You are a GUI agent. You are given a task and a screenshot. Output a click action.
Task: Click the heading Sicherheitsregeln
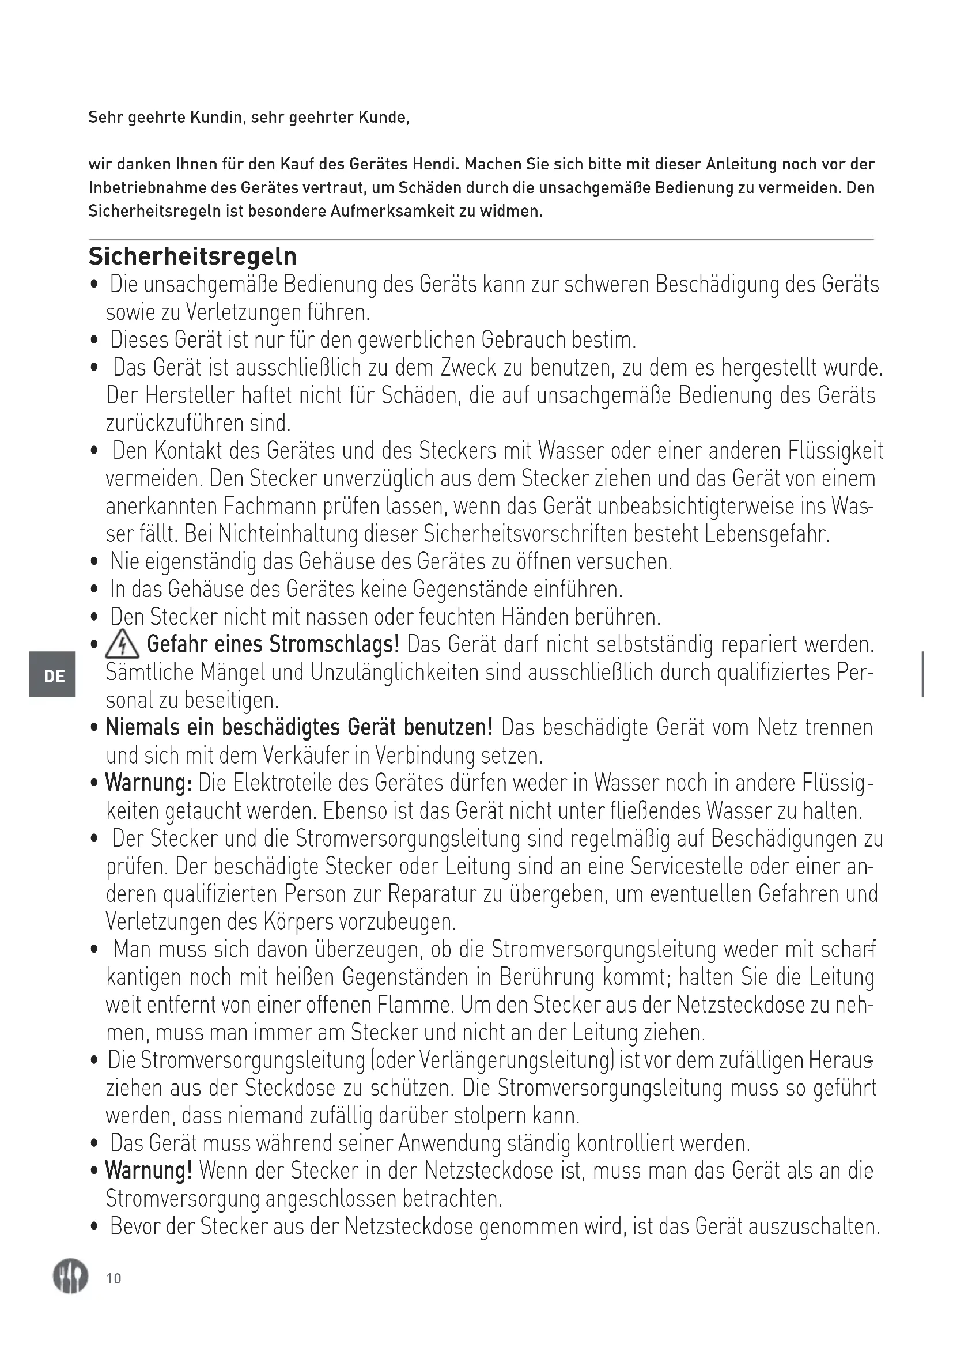tap(192, 256)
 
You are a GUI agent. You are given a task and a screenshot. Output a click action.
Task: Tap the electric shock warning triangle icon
tap(122, 645)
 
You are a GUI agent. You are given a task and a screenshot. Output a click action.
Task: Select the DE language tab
tap(54, 676)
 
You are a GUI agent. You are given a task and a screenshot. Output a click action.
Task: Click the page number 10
tap(114, 1278)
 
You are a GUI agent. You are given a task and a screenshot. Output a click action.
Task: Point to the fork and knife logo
tap(70, 1277)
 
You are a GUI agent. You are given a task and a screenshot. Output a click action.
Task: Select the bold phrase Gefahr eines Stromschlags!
tap(273, 644)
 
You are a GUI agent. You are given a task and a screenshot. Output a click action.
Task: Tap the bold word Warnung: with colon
tap(149, 783)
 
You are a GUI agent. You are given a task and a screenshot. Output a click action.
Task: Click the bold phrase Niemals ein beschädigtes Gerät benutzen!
tap(298, 727)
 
